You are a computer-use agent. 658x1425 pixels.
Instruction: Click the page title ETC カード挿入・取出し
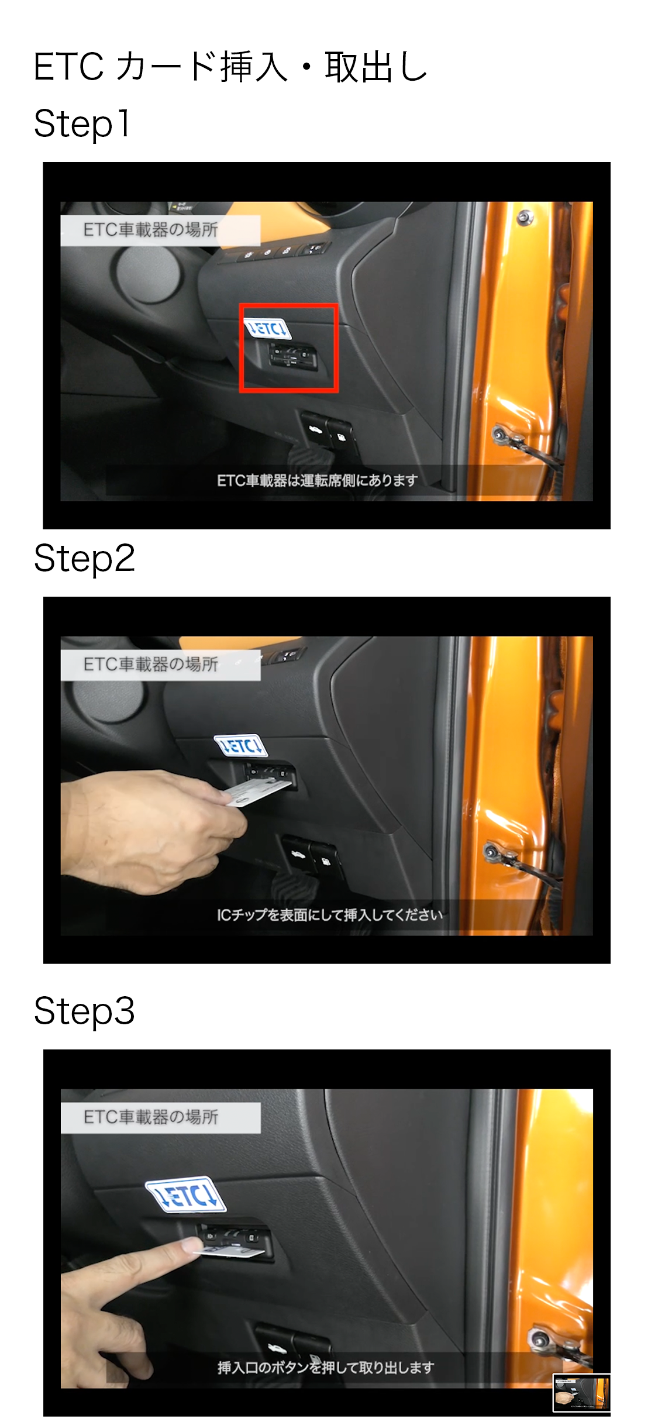coord(230,67)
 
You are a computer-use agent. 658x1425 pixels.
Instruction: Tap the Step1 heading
coord(82,123)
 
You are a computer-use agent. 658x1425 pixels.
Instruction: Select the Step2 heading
coord(84,558)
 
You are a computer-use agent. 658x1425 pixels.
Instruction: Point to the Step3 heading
coord(84,1011)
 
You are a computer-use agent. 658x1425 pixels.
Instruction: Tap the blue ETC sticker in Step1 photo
coord(267,329)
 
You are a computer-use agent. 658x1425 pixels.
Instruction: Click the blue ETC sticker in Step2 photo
coord(240,746)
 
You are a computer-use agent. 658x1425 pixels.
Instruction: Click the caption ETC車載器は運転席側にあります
coord(317,480)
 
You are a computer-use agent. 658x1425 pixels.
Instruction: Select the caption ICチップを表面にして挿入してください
coord(329,915)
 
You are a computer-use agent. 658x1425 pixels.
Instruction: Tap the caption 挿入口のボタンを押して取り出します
coord(326,1368)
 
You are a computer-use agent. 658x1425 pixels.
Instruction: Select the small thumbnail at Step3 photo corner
coord(581,1393)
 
